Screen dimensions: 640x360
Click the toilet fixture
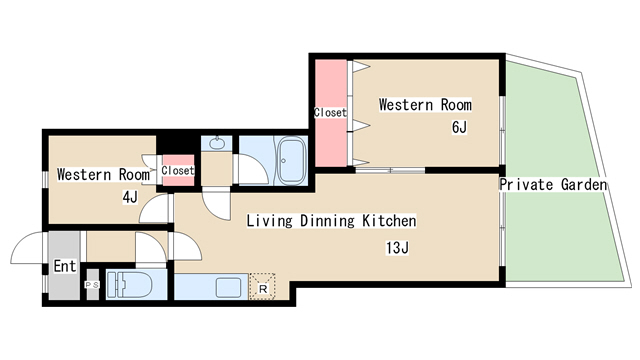(x=129, y=284)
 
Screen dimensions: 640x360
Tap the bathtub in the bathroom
(x=291, y=161)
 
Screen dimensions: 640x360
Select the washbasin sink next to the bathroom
(x=216, y=143)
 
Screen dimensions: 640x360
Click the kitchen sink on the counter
(x=228, y=287)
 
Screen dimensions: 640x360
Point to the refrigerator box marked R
(x=262, y=287)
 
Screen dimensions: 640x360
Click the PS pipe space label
(x=92, y=285)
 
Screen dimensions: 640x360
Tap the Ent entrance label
(x=65, y=266)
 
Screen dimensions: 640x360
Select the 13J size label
(x=397, y=248)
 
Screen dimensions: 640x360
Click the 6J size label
(x=459, y=127)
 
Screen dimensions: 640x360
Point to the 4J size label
(x=130, y=198)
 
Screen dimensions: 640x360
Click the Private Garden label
(x=553, y=184)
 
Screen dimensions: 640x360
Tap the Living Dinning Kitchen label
(x=331, y=221)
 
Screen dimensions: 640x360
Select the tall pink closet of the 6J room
(x=331, y=113)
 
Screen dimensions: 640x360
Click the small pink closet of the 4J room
(x=178, y=170)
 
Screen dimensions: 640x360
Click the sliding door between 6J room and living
(x=390, y=170)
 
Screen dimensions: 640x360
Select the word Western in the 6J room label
(x=405, y=104)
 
